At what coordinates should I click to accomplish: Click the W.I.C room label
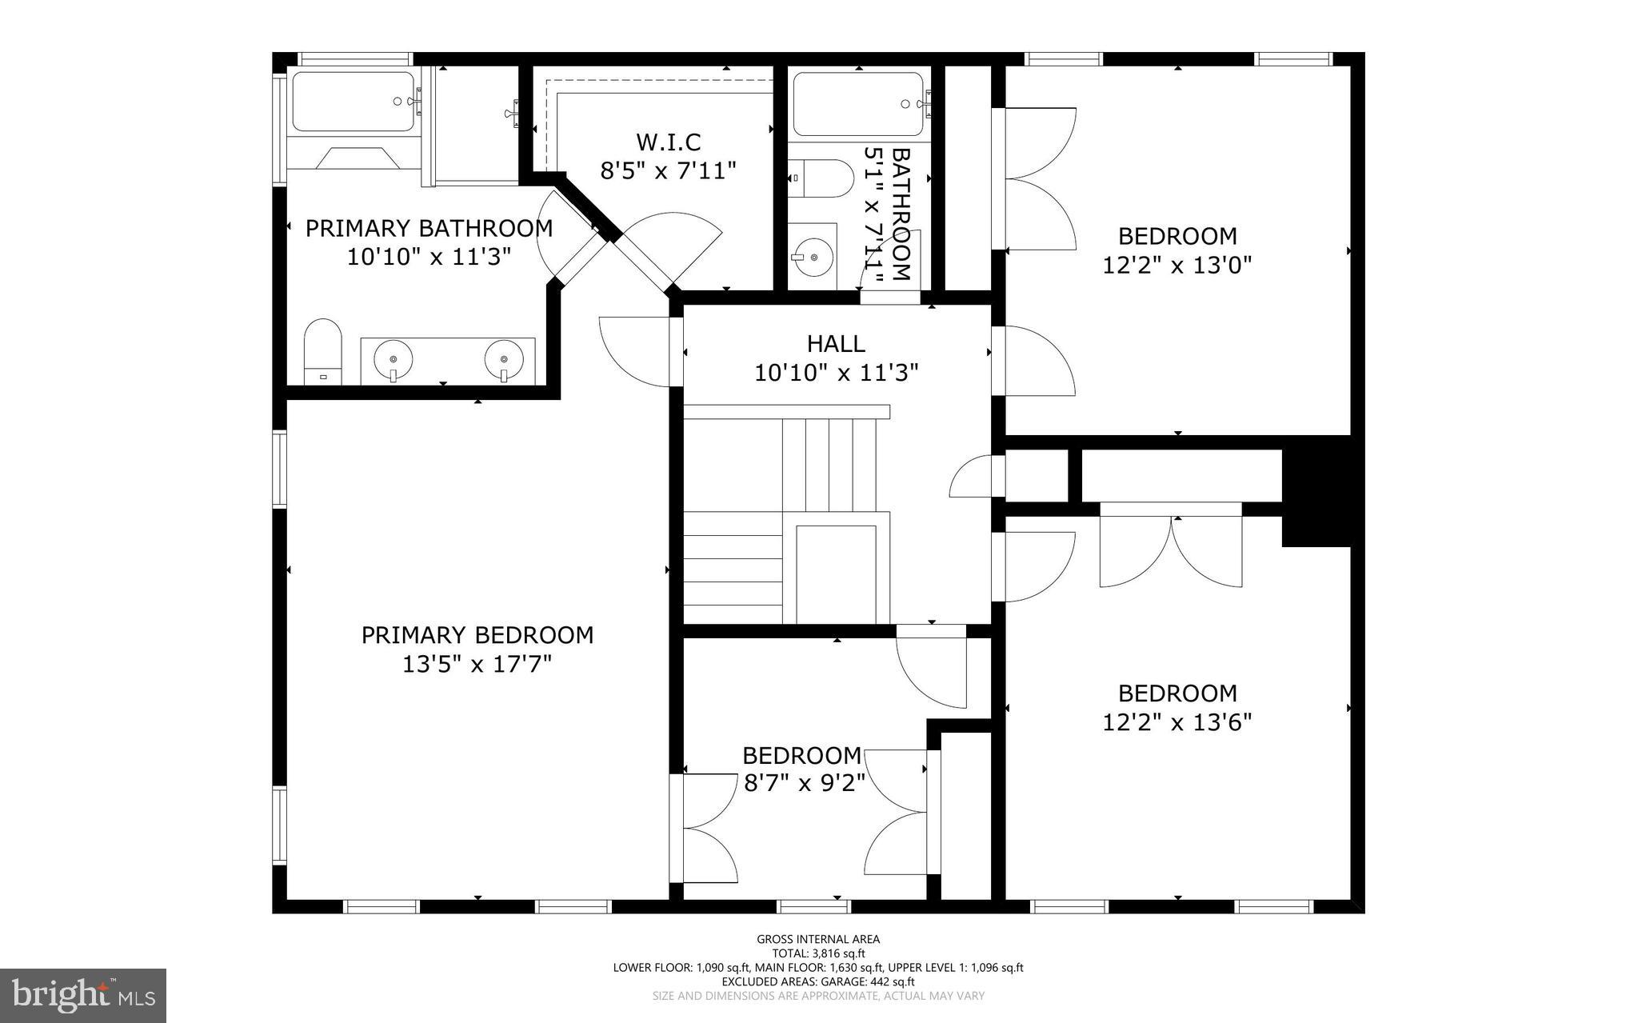coord(668,142)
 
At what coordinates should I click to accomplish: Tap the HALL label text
coord(836,344)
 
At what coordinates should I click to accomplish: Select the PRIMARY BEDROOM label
coord(477,635)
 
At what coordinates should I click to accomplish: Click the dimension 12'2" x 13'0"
coord(1177,265)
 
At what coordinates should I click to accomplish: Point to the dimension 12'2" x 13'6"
coord(1177,722)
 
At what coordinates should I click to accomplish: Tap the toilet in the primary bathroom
coord(323,353)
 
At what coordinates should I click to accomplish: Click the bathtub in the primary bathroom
coord(352,102)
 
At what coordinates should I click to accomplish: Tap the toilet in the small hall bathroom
coord(820,178)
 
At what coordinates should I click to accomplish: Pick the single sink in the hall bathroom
coord(813,257)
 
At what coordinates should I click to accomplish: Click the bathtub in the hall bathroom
coord(857,104)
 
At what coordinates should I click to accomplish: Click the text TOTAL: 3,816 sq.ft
coord(818,953)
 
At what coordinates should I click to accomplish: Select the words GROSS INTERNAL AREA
coord(818,939)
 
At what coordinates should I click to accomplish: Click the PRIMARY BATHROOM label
coord(429,229)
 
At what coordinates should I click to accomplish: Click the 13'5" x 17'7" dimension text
coord(477,664)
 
